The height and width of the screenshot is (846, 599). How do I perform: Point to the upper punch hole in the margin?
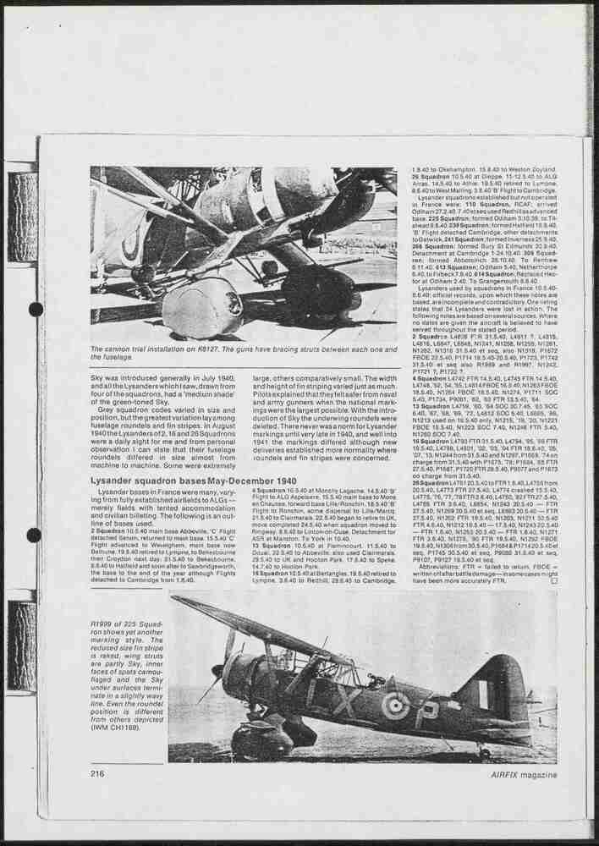[x=36, y=310]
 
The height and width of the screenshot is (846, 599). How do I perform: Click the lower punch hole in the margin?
[x=34, y=535]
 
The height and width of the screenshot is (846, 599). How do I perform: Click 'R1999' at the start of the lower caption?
[x=101, y=623]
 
